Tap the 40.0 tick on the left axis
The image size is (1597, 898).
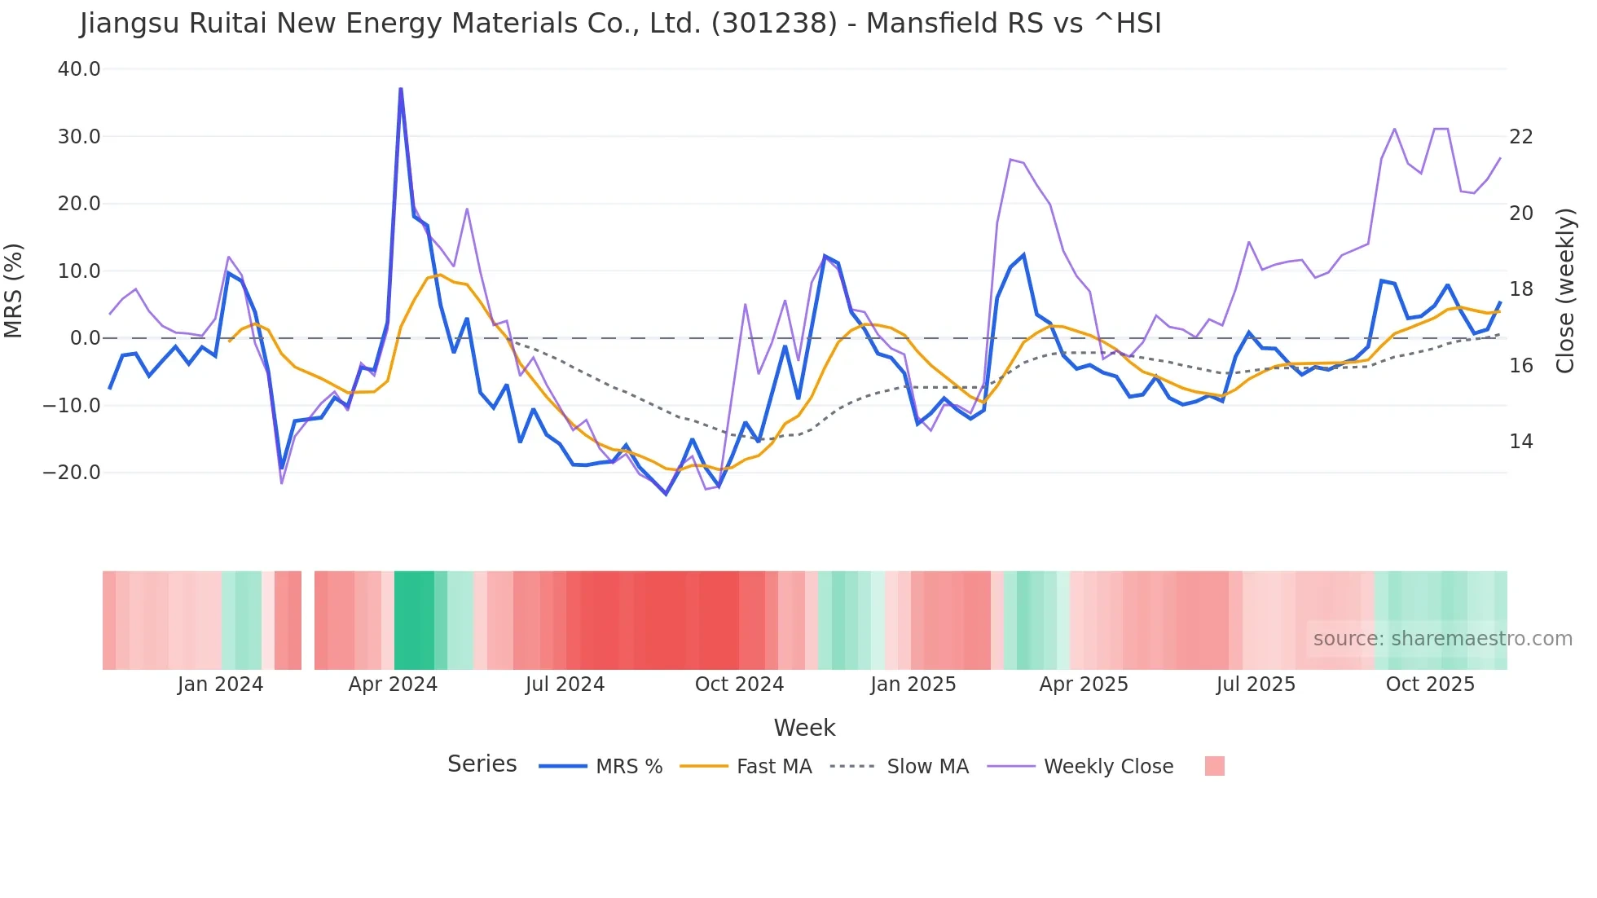tap(79, 69)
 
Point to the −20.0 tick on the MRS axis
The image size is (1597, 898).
tap(72, 473)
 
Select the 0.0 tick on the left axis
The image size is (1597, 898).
tap(85, 338)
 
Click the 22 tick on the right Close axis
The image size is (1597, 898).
tap(1521, 137)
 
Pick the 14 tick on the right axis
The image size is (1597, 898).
tap(1521, 442)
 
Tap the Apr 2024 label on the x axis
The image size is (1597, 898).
tap(393, 685)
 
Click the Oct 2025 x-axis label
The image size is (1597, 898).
tap(1430, 685)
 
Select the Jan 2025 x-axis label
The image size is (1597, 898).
tap(913, 685)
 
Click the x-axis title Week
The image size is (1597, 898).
tap(804, 728)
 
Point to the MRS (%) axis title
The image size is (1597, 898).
tap(14, 290)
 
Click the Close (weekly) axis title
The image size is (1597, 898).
tap(1565, 291)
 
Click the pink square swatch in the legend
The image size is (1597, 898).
tap(1214, 766)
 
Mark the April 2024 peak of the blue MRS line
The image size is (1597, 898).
tap(401, 90)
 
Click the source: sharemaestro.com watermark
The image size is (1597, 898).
tap(1442, 639)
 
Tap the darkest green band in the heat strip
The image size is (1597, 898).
tap(414, 620)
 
